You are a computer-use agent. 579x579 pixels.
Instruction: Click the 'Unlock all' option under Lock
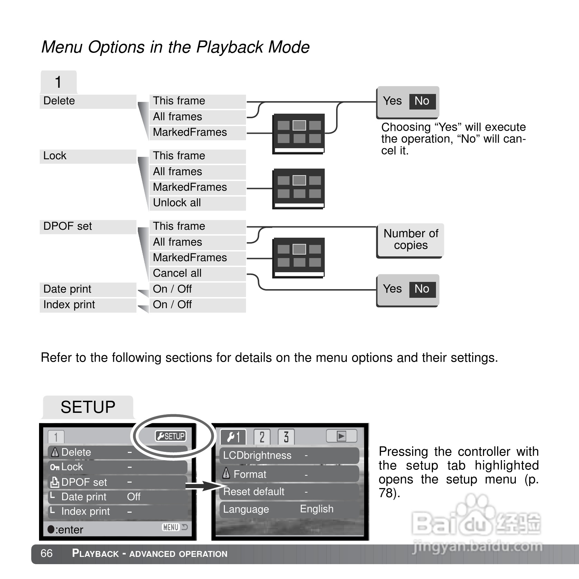pos(177,203)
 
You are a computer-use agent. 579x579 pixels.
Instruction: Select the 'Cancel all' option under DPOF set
pos(177,273)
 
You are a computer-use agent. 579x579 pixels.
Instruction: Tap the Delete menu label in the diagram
pos(59,101)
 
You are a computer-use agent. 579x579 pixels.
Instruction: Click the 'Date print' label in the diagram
pos(67,289)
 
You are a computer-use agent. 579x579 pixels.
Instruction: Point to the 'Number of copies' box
pos(410,239)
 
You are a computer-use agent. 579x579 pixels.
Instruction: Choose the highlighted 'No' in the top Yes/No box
pos(422,101)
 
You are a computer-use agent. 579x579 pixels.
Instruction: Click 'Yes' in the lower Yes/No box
pos(392,289)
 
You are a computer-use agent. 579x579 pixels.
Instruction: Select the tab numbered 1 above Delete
pos(58,83)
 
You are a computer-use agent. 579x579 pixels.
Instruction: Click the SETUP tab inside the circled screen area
pos(171,436)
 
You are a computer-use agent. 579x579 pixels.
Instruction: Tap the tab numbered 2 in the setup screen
pos(262,437)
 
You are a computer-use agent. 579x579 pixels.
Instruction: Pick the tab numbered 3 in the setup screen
pos(286,437)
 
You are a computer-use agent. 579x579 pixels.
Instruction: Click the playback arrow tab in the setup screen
pos(341,436)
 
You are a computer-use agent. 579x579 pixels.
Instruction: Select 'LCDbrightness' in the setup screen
pos(257,455)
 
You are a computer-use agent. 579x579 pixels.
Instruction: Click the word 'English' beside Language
pos(316,509)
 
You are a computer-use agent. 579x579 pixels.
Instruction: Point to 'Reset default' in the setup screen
pos(254,492)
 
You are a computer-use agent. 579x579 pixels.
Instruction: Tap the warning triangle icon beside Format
pos(226,473)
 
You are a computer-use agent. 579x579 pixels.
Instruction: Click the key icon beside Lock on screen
pos(55,467)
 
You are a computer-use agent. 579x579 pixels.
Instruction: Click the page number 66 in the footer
pos(47,553)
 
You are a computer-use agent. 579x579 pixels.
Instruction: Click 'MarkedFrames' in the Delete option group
pos(190,132)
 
